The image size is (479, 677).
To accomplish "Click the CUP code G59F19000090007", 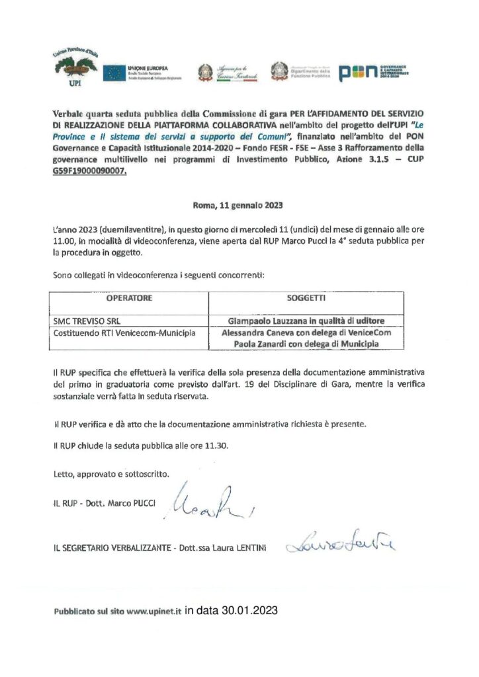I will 89,171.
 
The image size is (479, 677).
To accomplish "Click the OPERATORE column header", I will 130,298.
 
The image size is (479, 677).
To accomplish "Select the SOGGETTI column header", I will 306,298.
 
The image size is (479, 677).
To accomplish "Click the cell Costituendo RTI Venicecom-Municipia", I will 124,333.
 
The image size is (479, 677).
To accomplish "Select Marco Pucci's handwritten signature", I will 199,502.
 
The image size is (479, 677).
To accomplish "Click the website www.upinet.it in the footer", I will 153,612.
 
